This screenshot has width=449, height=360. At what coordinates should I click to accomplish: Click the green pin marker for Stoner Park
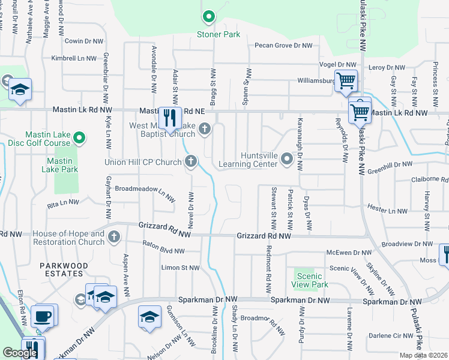(209, 17)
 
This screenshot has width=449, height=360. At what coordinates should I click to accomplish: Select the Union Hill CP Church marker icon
(191, 161)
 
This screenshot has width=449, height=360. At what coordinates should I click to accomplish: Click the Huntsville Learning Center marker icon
(287, 160)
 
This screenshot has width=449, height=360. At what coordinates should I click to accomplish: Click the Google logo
(20, 353)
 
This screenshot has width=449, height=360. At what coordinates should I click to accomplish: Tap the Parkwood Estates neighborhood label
(64, 269)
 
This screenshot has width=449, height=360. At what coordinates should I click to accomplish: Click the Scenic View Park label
(304, 279)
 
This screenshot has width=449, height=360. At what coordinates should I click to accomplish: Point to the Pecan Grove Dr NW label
(283, 46)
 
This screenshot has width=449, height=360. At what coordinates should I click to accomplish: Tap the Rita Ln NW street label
(62, 202)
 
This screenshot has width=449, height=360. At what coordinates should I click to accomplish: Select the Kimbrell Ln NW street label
(74, 59)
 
